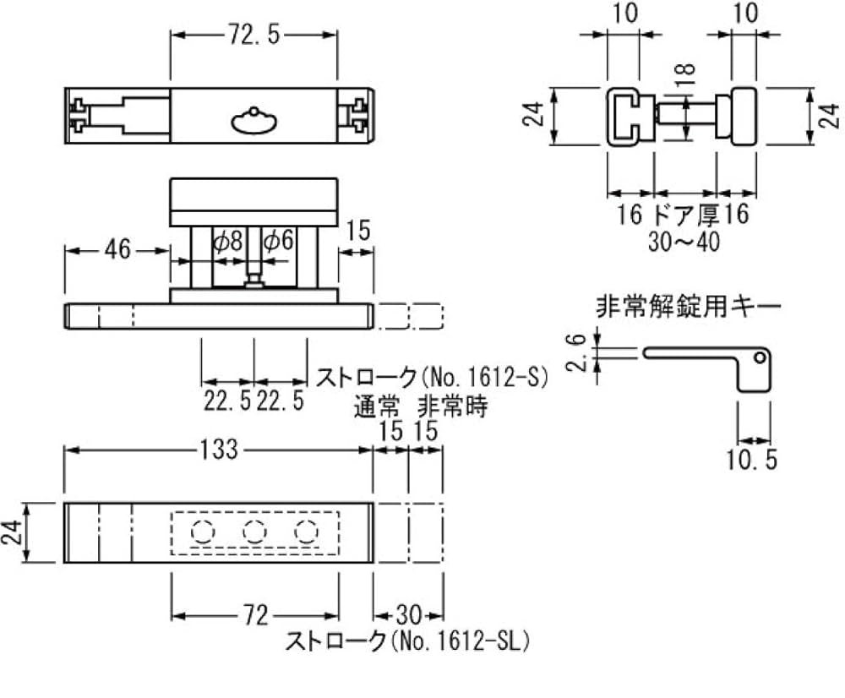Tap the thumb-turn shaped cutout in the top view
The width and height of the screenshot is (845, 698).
coord(253,121)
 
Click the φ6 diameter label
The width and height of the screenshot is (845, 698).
coord(278,242)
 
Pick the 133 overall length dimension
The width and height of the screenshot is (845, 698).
coord(219,450)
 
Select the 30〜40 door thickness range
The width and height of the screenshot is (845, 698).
coord(684,242)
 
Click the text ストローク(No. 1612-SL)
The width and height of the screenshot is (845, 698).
coord(406,642)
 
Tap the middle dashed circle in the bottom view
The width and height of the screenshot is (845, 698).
coord(253,532)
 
